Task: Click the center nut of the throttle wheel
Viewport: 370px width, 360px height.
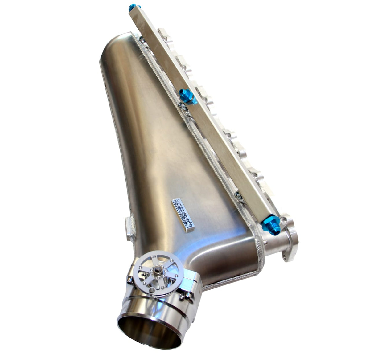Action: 158,270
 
